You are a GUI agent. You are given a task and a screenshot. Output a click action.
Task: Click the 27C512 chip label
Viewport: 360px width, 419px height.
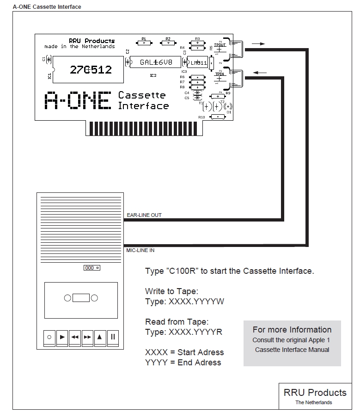(91, 70)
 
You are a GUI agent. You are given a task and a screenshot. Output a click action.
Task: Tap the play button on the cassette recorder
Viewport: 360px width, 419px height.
(62, 337)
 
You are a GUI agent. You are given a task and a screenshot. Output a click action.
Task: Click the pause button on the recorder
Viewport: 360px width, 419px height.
(113, 337)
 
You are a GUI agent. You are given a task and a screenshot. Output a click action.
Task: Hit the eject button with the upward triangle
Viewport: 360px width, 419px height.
(100, 337)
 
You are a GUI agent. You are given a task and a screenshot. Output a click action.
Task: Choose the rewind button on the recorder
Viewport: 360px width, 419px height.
(75, 337)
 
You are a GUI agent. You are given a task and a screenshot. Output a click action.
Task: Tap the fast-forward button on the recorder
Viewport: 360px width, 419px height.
(87, 337)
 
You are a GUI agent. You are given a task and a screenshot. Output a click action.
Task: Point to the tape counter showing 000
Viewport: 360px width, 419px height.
(92, 268)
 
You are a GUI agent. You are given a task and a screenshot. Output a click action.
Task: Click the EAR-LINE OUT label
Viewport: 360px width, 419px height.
(144, 215)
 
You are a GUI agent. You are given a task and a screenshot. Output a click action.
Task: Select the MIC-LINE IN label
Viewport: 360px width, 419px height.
(140, 250)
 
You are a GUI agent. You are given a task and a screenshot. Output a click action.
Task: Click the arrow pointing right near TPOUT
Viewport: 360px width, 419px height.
(258, 44)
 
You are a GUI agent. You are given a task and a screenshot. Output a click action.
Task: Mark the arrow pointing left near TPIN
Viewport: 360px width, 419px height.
(260, 72)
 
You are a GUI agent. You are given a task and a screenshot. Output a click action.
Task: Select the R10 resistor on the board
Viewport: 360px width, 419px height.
(217, 117)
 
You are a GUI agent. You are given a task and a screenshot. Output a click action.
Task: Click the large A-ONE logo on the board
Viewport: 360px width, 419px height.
(78, 100)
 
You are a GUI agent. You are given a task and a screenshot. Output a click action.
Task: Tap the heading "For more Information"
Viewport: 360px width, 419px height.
(292, 330)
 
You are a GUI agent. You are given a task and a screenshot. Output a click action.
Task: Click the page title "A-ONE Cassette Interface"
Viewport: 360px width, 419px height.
(41, 6)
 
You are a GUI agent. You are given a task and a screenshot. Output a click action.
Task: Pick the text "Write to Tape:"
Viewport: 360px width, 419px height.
(171, 291)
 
